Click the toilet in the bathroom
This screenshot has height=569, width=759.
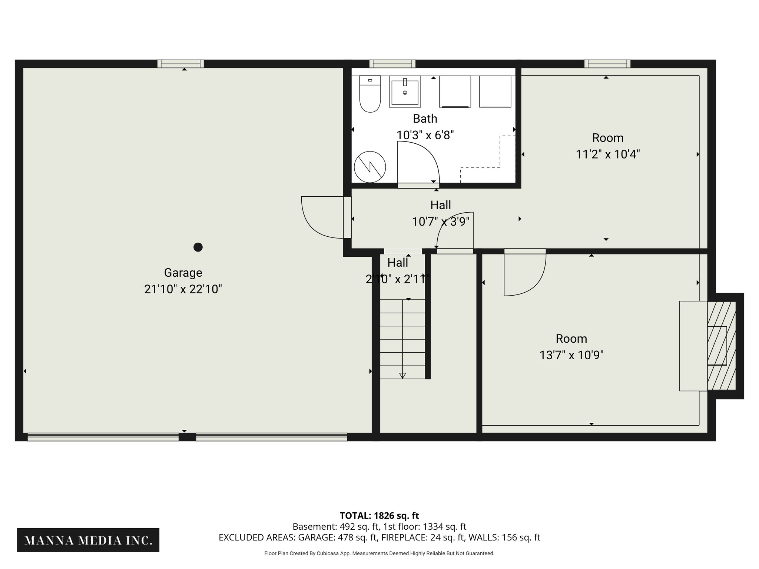click(370, 95)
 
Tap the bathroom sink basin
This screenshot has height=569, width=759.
click(405, 92)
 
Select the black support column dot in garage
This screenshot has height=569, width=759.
click(198, 247)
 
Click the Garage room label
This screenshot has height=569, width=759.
click(183, 273)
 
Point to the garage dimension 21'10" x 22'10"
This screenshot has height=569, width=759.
click(183, 289)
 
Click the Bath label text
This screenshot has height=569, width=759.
click(425, 119)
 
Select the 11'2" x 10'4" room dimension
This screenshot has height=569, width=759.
click(608, 154)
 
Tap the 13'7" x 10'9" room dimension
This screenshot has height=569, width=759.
click(571, 355)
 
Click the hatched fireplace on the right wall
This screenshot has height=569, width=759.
click(721, 346)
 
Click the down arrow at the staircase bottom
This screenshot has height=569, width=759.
click(402, 376)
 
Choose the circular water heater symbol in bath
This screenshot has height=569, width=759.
click(370, 167)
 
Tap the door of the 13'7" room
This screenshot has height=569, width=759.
click(525, 274)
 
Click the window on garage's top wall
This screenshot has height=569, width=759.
click(180, 64)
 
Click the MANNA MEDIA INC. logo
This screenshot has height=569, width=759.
click(88, 540)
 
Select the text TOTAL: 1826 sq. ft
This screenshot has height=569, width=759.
click(379, 516)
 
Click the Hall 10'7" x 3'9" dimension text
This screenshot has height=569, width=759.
click(441, 222)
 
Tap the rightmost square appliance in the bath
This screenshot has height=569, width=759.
click(495, 92)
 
